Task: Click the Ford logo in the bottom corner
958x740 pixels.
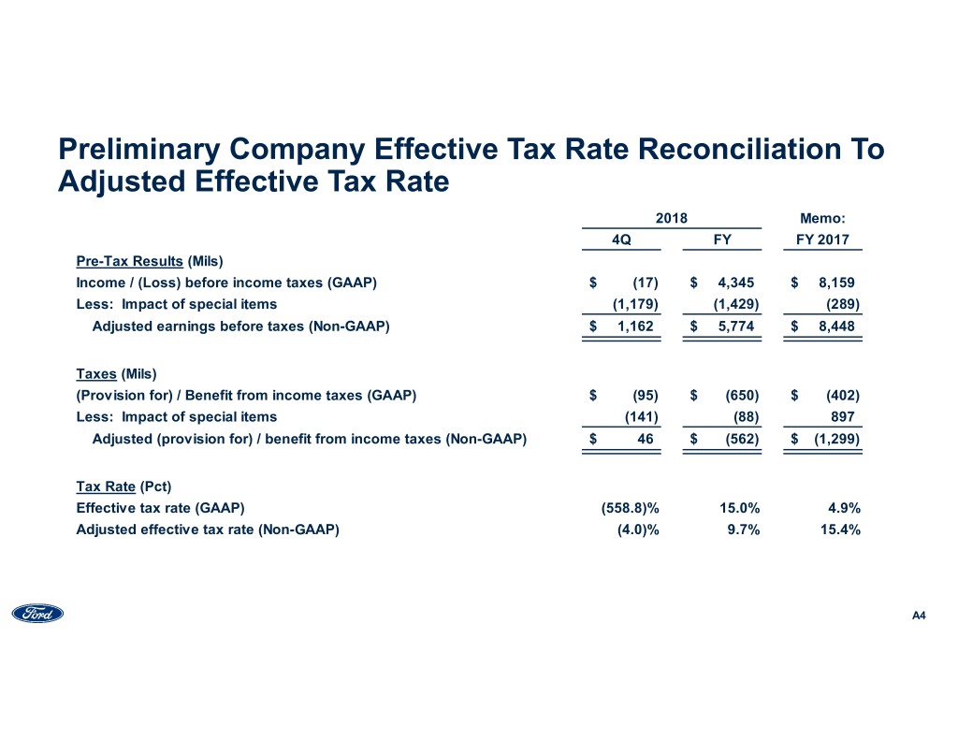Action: (x=37, y=614)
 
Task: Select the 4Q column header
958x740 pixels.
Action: (x=620, y=239)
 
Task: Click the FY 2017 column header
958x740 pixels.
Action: (x=822, y=239)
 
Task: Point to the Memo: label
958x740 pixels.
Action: (x=822, y=218)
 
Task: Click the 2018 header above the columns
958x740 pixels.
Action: (x=671, y=218)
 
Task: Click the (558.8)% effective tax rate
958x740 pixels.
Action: (x=630, y=508)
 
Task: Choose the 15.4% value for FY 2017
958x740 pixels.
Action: (x=840, y=530)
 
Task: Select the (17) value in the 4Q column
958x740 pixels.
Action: (x=644, y=282)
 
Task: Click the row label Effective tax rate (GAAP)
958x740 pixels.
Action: (x=160, y=508)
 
